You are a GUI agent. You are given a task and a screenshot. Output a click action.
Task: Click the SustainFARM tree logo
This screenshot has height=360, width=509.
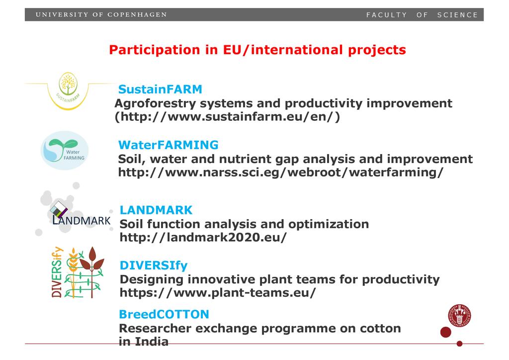pos(68,90)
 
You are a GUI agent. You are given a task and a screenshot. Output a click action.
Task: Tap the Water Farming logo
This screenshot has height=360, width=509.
pos(65,150)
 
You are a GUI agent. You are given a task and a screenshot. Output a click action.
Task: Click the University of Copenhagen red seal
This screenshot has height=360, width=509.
pos(459,315)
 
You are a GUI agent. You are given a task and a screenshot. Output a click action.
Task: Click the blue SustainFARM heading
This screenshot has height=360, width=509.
pos(160,89)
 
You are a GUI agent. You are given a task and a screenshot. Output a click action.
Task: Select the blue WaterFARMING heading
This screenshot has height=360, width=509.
pos(168,145)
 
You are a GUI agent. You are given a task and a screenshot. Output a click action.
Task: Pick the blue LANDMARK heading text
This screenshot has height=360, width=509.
pos(156,210)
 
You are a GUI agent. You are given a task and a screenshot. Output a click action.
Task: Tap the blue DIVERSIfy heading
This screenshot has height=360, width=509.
pos(154,266)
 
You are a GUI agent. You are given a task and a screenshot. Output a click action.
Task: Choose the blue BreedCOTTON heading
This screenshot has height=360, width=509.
pos(164,314)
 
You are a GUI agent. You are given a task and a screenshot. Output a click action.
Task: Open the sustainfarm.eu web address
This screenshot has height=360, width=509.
pos(227,116)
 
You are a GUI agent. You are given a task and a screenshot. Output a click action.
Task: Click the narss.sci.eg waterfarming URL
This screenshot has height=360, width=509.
pos(280,172)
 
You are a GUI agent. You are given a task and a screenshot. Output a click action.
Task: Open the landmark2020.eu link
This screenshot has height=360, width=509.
pos(203,237)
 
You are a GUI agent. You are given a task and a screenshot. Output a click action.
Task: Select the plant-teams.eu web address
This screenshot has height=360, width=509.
pos(218,292)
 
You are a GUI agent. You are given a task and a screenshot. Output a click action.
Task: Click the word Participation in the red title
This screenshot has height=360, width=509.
pos(155,50)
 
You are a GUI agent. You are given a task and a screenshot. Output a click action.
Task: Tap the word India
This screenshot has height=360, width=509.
pos(152,342)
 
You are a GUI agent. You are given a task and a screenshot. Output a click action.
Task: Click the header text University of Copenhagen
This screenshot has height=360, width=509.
pos(101,14)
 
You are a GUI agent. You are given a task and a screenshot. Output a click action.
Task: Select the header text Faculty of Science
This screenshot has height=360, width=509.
pos(422,15)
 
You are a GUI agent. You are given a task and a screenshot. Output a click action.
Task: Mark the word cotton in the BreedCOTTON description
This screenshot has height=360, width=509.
pos(380,328)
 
